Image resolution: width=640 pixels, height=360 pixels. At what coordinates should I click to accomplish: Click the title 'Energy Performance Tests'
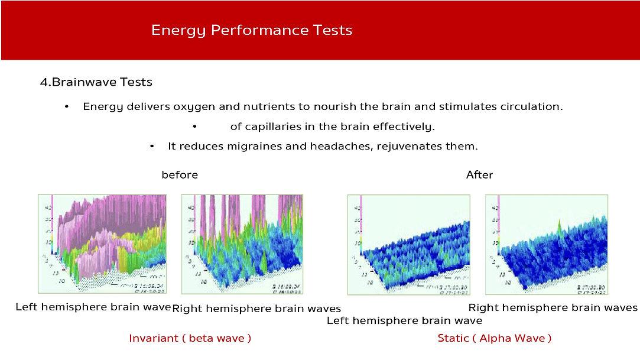pyautogui.click(x=251, y=30)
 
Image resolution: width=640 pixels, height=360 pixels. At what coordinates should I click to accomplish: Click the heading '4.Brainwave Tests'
pyautogui.click(x=96, y=82)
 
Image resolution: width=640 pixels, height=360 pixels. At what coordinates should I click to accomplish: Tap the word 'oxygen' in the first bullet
pyautogui.click(x=193, y=107)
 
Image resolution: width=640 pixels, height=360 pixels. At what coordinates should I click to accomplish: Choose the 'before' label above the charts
pyautogui.click(x=180, y=175)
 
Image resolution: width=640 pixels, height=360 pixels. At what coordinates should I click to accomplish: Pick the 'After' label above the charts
pyautogui.click(x=479, y=175)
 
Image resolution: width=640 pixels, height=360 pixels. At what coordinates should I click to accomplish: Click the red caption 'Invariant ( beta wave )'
pyautogui.click(x=190, y=338)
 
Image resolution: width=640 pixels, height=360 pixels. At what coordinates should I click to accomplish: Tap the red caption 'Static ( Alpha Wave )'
pyautogui.click(x=494, y=338)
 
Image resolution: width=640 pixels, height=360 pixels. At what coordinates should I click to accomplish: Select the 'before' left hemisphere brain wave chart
pyautogui.click(x=102, y=244)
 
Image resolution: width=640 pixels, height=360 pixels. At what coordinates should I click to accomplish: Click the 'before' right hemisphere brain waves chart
pyautogui.click(x=242, y=244)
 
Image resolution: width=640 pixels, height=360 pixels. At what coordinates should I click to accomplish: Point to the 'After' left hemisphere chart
pyautogui.click(x=408, y=244)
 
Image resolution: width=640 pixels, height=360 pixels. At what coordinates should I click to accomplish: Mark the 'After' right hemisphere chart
pyautogui.click(x=547, y=244)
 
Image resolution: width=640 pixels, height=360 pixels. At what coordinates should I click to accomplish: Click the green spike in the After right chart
pyautogui.click(x=560, y=224)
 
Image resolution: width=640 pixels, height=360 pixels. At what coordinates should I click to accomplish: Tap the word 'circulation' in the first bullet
pyautogui.click(x=532, y=107)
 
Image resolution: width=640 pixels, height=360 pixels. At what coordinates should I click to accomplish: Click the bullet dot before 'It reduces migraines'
pyautogui.click(x=152, y=146)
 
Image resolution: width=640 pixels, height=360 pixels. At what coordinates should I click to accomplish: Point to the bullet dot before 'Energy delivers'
pyautogui.click(x=67, y=107)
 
